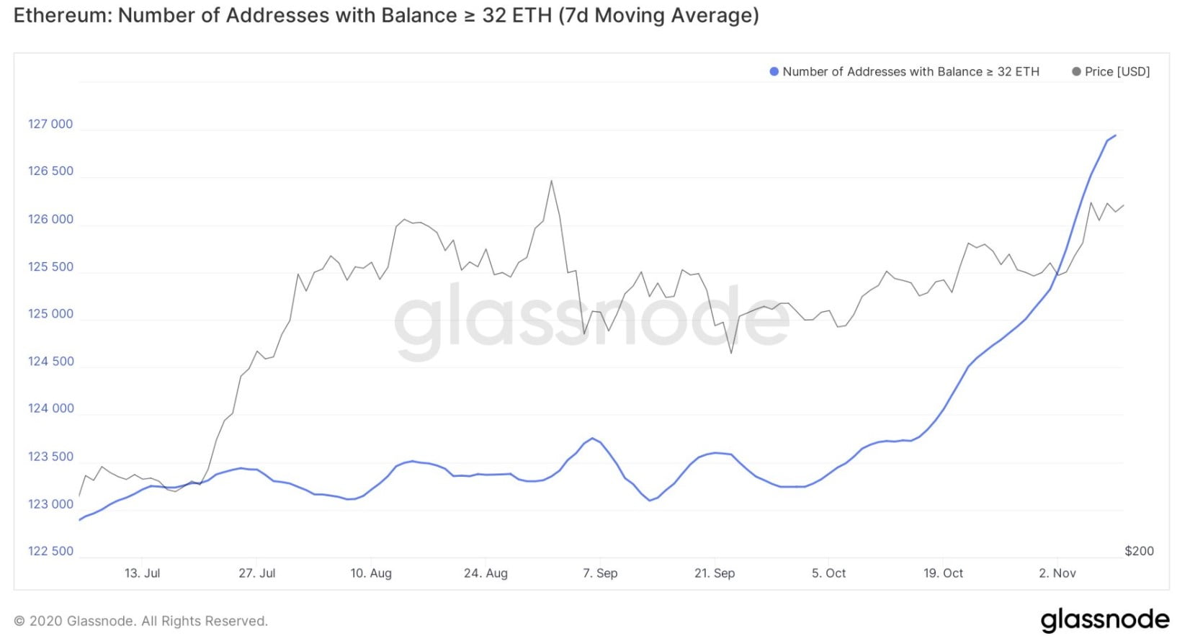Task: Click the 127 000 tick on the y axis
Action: tap(50, 124)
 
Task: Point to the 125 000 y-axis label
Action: tap(50, 313)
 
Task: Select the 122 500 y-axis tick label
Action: tap(50, 551)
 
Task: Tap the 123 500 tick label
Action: tap(50, 457)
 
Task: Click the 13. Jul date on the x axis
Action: tap(142, 573)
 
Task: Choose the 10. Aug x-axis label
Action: tap(371, 573)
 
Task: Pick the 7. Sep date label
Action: tap(600, 573)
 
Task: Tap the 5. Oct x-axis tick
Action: tap(828, 573)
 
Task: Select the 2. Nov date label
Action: tap(1057, 573)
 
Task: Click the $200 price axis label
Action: tap(1139, 551)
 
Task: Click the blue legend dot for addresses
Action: tap(774, 71)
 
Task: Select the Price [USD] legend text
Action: tap(1117, 71)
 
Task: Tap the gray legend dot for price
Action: tap(1076, 71)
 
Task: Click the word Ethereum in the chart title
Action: tap(61, 15)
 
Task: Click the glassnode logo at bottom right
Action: tap(1104, 619)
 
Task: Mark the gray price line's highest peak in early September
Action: tap(552, 181)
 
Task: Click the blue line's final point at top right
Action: tap(1115, 135)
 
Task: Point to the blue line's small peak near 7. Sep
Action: tap(592, 438)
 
